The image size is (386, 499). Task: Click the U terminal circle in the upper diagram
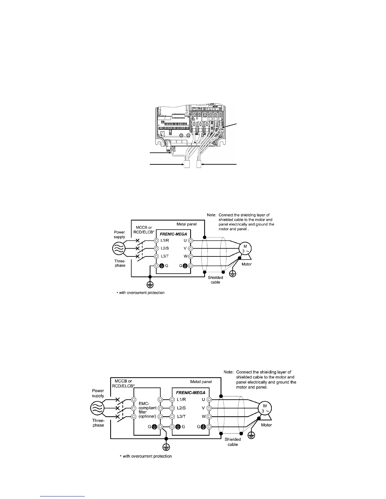pos(191,240)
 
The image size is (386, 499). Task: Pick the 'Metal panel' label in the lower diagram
pos(201,381)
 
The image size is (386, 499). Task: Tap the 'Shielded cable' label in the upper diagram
pos(215,280)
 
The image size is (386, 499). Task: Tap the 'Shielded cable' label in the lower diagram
pos(233,442)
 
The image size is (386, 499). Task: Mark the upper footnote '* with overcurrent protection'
pos(141,293)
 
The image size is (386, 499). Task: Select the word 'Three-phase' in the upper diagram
pos(120,263)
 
